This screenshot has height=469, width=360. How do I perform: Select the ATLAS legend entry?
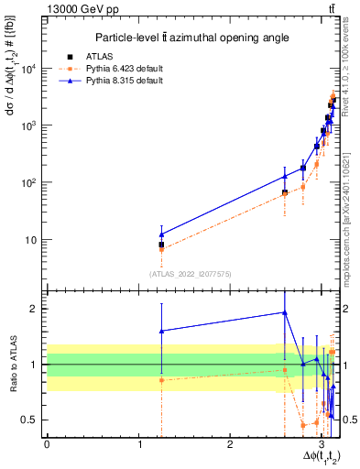pyautogui.click(x=116, y=55)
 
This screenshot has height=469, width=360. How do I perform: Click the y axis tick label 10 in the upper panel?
pyautogui.click(x=34, y=240)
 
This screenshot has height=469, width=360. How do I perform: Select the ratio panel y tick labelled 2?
pyautogui.click(x=38, y=309)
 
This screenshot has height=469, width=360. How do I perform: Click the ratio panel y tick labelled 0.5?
pyautogui.click(x=34, y=420)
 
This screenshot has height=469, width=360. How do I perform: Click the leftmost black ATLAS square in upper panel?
pyautogui.click(x=161, y=245)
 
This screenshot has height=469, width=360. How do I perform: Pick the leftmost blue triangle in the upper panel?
pyautogui.click(x=161, y=234)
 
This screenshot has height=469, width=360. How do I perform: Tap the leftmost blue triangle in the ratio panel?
pyautogui.click(x=161, y=331)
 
